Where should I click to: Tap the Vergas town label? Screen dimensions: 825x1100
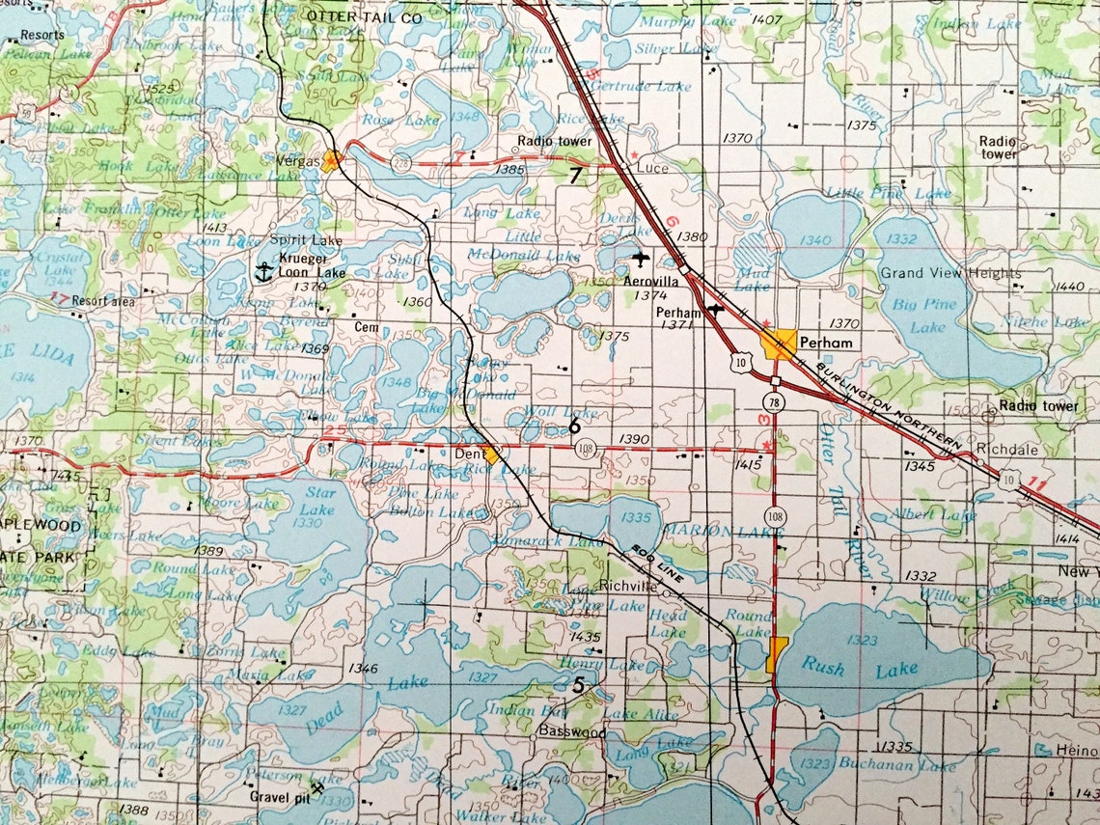click(300, 162)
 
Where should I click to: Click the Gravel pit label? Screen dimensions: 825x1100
click(276, 797)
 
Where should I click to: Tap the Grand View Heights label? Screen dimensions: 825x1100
click(949, 273)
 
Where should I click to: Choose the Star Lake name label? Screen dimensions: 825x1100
click(318, 501)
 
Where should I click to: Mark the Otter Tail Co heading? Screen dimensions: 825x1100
click(352, 16)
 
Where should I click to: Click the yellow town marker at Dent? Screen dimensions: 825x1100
click(492, 454)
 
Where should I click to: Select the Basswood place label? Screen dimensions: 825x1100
click(572, 732)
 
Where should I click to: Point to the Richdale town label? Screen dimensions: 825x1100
click(1008, 449)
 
